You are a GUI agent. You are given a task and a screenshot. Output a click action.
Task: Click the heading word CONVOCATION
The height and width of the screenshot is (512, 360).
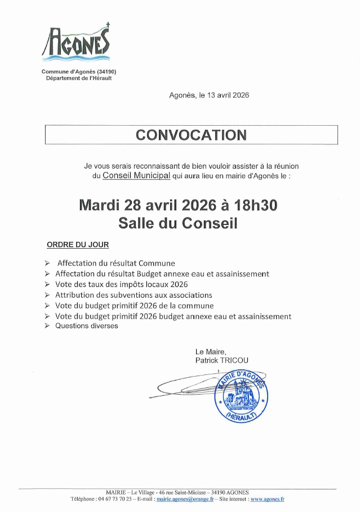click(191, 135)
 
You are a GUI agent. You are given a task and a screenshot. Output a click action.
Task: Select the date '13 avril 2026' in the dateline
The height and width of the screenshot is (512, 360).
click(228, 96)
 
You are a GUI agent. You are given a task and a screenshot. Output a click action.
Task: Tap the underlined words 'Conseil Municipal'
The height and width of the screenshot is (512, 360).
click(136, 176)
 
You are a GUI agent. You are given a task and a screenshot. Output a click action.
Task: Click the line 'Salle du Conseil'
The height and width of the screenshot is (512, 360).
click(178, 223)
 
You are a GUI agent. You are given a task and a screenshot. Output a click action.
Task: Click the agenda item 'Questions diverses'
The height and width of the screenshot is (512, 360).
click(87, 326)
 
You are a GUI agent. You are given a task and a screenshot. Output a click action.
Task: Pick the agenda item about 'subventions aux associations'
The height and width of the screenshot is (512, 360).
click(134, 295)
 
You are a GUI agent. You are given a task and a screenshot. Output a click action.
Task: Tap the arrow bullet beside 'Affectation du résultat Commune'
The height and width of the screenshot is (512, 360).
click(47, 263)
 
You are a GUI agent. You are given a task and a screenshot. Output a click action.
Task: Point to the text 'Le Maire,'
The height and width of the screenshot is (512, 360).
click(211, 351)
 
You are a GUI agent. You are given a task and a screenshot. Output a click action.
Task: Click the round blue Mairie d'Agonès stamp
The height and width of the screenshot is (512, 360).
click(241, 398)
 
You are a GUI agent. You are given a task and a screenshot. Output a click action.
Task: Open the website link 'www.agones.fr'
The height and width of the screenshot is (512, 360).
click(267, 499)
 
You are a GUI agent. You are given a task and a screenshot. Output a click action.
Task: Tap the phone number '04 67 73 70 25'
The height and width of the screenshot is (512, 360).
click(115, 499)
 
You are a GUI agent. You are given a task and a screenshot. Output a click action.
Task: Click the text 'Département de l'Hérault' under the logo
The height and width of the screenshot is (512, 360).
click(79, 78)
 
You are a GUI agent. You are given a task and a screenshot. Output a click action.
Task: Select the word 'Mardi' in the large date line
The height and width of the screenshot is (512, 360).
click(101, 205)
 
